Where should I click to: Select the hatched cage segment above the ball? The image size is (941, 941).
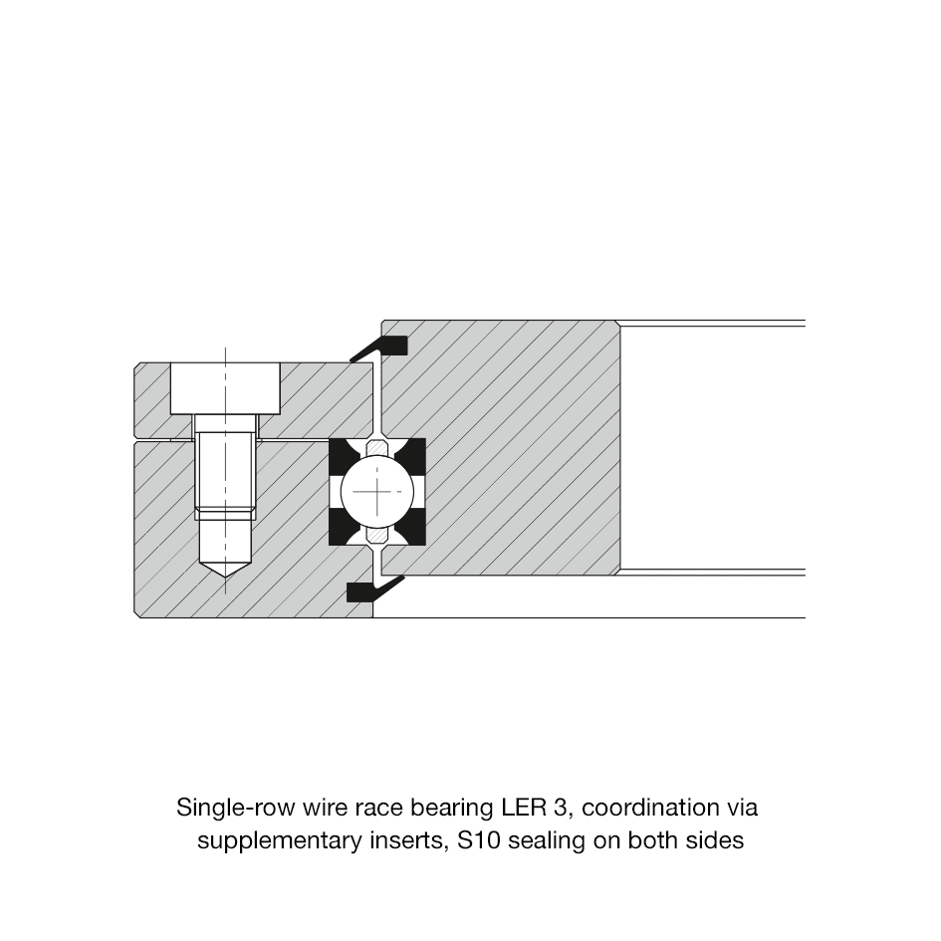click(377, 447)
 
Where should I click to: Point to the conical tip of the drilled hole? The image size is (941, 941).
click(225, 578)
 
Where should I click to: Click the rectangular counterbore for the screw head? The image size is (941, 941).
click(226, 388)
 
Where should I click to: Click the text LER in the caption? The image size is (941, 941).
click(521, 808)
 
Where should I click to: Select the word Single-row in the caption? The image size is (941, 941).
click(236, 809)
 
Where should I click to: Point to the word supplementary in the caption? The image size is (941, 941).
click(279, 841)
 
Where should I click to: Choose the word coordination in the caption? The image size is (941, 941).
click(650, 808)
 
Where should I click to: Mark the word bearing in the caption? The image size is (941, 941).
click(452, 809)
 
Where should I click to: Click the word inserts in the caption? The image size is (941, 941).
click(408, 840)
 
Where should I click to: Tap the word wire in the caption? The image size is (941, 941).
click(324, 808)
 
